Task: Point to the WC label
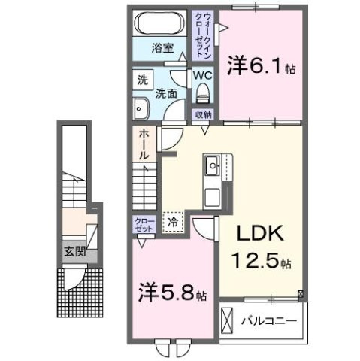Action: (x=203, y=77)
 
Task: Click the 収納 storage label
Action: (x=203, y=115)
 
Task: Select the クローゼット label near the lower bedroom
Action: (x=143, y=223)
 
